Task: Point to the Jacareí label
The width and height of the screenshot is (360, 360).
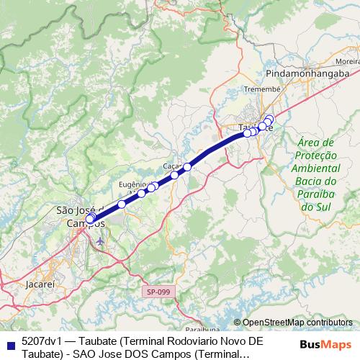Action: point(40,284)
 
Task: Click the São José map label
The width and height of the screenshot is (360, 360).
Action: point(78,210)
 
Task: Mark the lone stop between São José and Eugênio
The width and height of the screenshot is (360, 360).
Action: point(122,204)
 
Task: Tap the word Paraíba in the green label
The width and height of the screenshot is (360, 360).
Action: point(312,194)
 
